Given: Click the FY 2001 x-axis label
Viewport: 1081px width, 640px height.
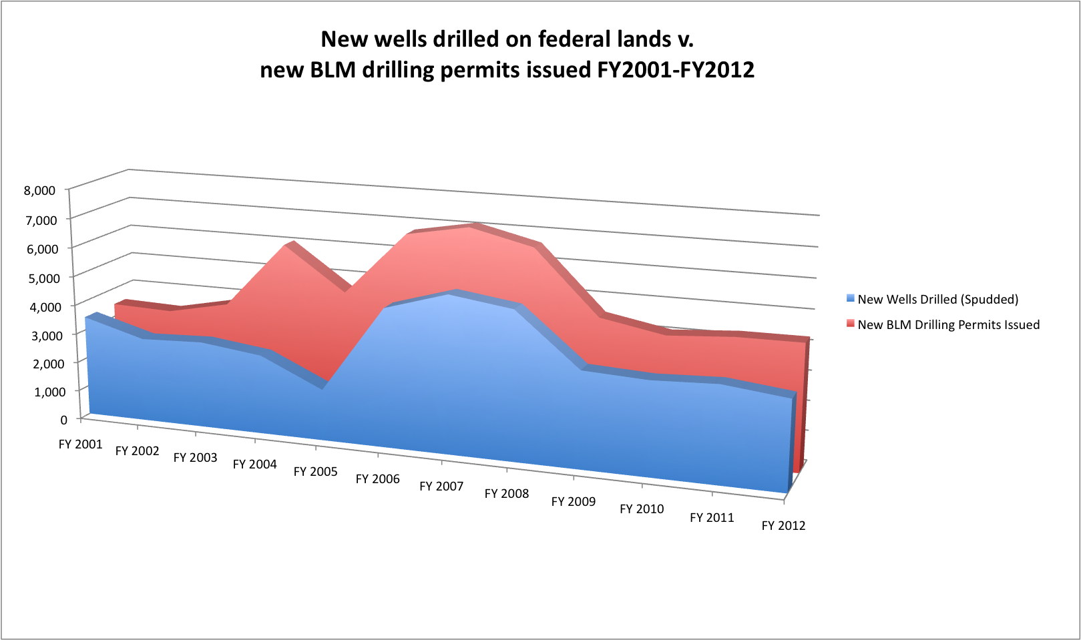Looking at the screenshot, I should (x=80, y=444).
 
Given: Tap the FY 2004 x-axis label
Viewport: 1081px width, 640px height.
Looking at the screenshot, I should (x=254, y=464).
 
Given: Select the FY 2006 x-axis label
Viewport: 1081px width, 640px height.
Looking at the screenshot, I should (x=377, y=479).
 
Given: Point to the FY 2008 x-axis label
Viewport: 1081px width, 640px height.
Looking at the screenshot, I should (x=506, y=494).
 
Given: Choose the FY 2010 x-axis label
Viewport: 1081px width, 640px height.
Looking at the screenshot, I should (x=642, y=509).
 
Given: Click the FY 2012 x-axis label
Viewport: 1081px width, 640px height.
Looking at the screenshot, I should (x=783, y=526).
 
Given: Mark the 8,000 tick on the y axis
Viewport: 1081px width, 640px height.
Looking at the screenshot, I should (x=39, y=190).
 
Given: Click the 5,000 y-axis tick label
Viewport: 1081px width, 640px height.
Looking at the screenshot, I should (x=43, y=278).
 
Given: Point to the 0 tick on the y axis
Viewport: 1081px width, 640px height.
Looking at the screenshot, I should (x=64, y=420).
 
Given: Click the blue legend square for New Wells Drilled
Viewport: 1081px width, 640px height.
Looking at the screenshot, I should (x=851, y=298).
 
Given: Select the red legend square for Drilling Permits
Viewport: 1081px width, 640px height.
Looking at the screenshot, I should (x=851, y=324).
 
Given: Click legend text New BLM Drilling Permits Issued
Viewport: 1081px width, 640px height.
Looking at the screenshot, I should (x=948, y=325).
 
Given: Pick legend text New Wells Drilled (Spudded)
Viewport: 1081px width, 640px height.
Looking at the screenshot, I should (x=937, y=300).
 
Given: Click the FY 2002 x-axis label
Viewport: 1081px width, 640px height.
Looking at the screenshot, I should (x=137, y=451).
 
